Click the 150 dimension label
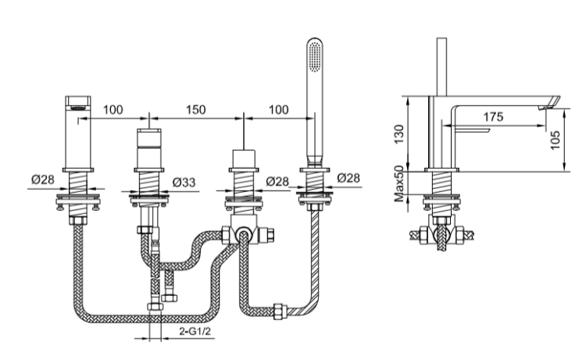[x=196, y=109]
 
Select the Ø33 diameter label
[x=183, y=181]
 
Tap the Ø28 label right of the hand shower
[x=348, y=179]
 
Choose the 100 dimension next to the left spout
[x=112, y=109]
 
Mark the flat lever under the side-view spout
[x=470, y=130]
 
